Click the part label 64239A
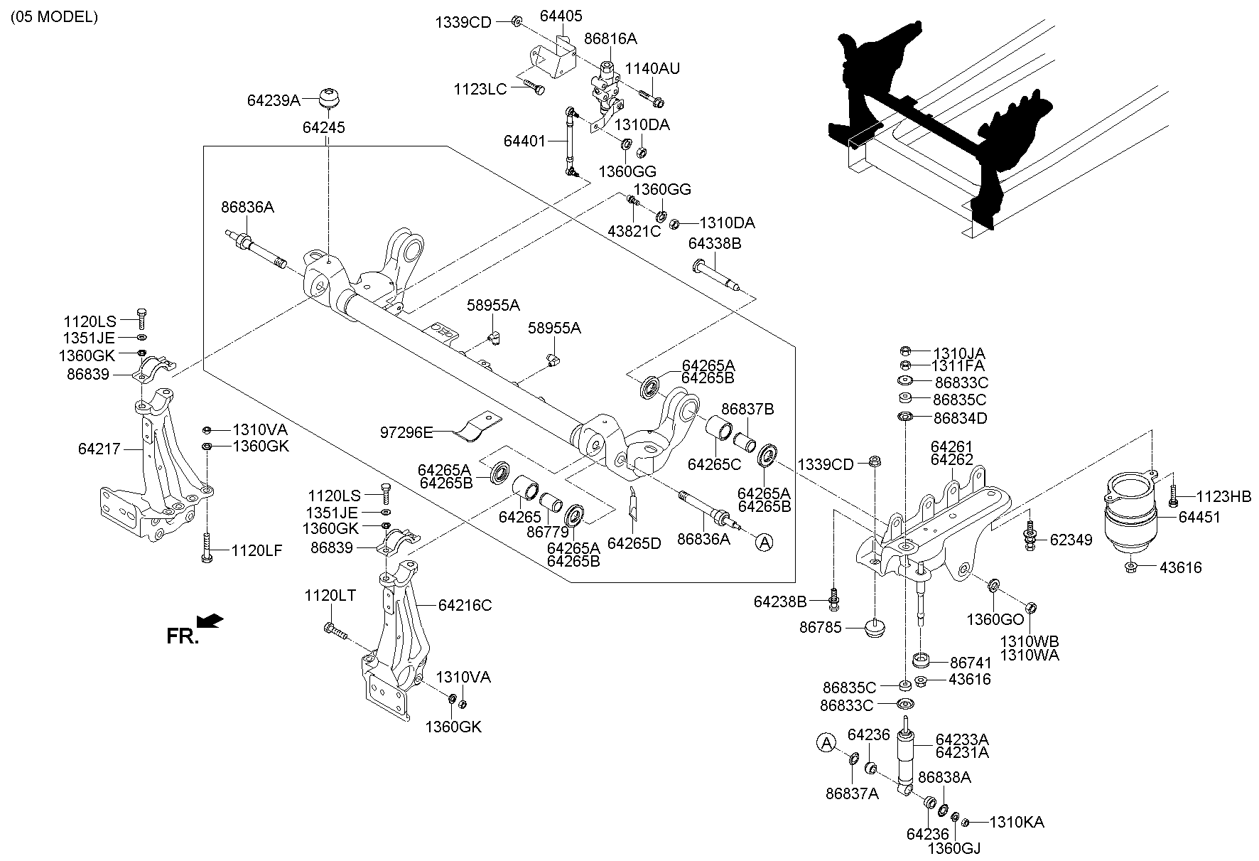274,101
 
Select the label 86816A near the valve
610,38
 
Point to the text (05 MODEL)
53,17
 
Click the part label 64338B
714,244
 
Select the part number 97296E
406,431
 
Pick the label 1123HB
1223,496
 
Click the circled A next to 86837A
826,743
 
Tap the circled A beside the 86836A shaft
764,542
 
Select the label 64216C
465,605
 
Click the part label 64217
99,449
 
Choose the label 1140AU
652,68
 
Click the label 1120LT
330,595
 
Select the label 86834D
960,417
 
